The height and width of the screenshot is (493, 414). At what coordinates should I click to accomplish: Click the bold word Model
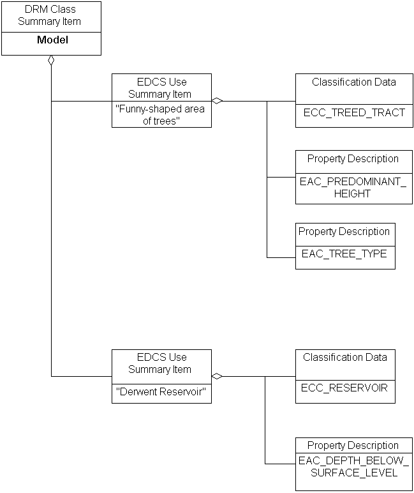pos(52,40)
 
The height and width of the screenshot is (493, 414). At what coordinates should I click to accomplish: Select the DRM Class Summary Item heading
pos(50,16)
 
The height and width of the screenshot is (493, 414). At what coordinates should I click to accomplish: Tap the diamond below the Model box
pos(51,61)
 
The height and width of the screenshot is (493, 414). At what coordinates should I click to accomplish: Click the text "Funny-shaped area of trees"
pos(161,114)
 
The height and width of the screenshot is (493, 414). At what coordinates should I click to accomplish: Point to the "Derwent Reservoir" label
pos(161,391)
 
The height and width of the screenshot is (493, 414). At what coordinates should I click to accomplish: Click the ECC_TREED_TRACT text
pos(354,113)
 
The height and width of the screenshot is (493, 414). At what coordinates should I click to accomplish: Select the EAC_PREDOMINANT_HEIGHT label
pos(353,187)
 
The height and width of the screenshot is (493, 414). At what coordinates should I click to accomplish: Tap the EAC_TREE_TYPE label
pos(344,254)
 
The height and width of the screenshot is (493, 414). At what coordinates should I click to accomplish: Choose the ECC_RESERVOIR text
pos(345,388)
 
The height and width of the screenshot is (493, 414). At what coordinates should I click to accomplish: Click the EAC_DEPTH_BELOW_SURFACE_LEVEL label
pos(353,466)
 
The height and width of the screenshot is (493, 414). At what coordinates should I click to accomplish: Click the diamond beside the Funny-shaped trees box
pos(217,101)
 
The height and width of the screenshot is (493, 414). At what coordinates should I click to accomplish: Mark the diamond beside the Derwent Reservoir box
pos(217,376)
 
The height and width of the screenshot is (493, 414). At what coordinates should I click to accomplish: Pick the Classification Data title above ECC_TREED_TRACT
pos(354,82)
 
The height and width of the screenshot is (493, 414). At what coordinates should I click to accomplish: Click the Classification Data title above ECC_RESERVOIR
pos(345,357)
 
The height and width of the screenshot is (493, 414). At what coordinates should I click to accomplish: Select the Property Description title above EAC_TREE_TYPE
pos(344,232)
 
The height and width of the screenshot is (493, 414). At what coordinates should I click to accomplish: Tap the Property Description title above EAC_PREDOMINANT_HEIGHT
pos(353,159)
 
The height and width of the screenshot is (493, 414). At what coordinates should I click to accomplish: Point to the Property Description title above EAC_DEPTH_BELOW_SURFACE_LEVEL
pos(353,445)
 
